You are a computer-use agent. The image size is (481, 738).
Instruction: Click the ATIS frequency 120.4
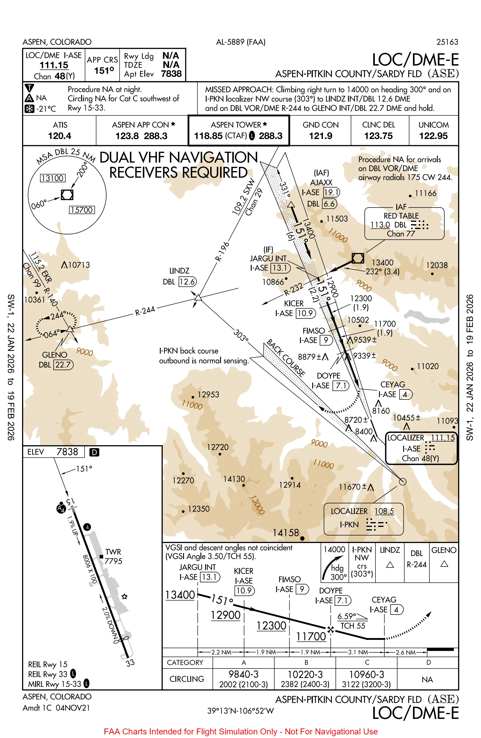pos(60,136)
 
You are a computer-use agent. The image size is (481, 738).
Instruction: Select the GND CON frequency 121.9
pos(320,136)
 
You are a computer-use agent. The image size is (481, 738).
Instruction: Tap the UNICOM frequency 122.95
pos(433,136)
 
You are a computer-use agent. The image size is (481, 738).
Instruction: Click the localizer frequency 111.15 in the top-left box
pos(54,65)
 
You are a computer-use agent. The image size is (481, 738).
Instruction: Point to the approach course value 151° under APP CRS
pos(104,71)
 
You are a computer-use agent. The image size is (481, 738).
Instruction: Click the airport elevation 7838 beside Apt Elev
pos(171,74)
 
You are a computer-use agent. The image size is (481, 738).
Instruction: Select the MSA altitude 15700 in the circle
pos(82,210)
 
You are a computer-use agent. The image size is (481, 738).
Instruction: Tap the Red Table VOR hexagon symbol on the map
pos(358,258)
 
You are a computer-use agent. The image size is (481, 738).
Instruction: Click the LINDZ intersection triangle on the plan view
pos(198,298)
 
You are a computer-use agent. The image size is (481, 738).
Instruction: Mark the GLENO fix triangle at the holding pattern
pos(70,329)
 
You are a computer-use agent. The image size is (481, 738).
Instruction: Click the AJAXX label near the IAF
pos(321,182)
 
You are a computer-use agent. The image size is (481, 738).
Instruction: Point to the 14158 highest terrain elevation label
pos(286,533)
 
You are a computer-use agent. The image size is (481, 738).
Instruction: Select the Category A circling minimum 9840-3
pos(243,674)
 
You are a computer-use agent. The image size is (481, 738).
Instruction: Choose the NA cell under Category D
pos(427,680)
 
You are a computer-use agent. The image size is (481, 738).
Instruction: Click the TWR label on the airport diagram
pos(113,552)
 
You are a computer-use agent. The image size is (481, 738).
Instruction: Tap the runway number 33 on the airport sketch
pos(130,663)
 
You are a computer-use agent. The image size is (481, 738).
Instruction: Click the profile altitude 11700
pos(311,636)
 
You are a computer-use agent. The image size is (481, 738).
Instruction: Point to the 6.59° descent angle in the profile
pos(347,616)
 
